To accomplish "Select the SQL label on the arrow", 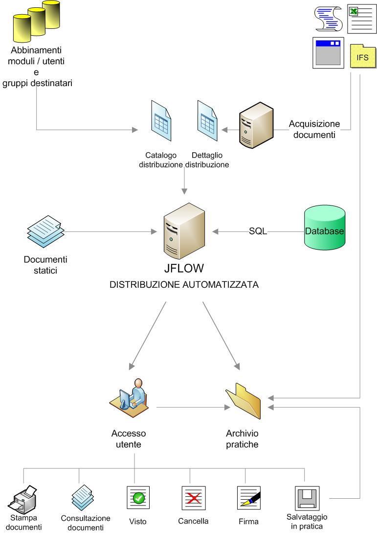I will (x=258, y=232).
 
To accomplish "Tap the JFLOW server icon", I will (x=184, y=231).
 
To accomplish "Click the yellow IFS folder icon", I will (x=363, y=58).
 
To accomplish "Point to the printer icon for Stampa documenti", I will (x=23, y=500).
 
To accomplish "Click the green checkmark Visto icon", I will (x=138, y=499).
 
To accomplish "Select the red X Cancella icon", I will (x=193, y=499).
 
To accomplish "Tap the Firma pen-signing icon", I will (x=248, y=499).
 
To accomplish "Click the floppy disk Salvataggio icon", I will (x=307, y=498).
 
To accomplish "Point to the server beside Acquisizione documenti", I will (x=254, y=127).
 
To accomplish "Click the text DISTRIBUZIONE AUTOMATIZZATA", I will (x=185, y=284).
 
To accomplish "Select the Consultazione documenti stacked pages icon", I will (x=83, y=497).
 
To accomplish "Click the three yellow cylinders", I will (x=37, y=22).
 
